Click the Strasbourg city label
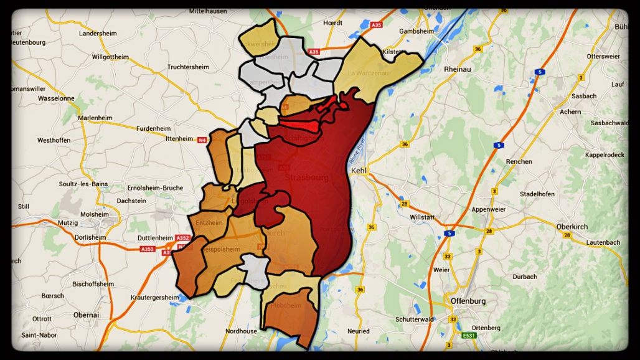[306, 177]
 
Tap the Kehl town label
[359, 170]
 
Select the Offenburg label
[468, 301]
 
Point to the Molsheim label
[95, 214]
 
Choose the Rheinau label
[457, 69]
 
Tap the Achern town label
[570, 112]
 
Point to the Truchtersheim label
[188, 67]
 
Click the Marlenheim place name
[94, 118]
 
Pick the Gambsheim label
[416, 31]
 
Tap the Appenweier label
[488, 209]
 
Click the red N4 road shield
[202, 140]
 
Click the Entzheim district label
[209, 222]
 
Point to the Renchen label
[519, 161]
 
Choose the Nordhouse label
[241, 331]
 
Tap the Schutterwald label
[414, 319]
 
